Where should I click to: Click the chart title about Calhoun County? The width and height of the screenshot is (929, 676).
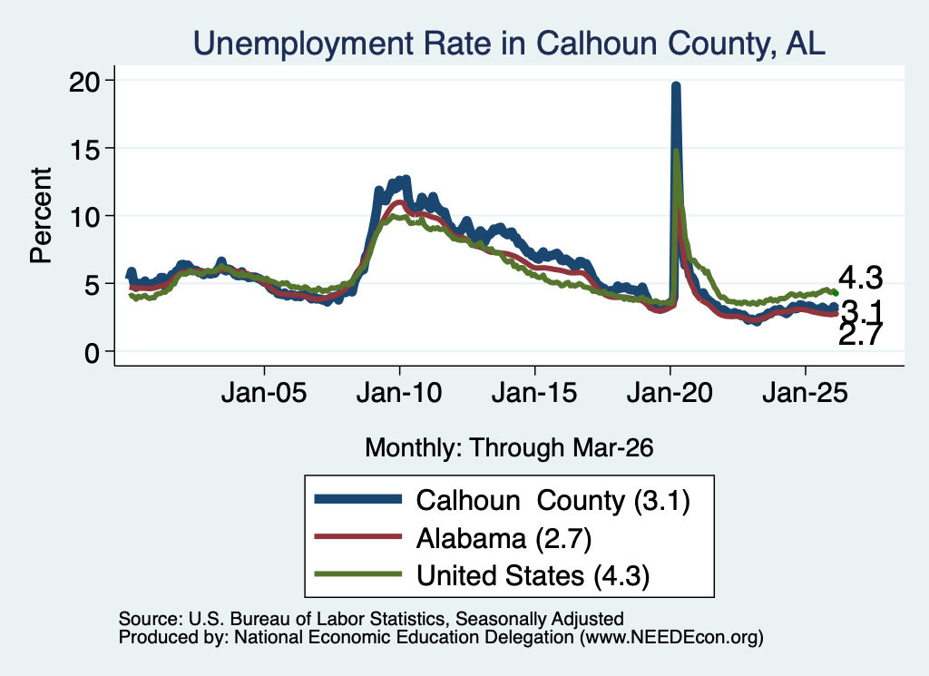click(509, 44)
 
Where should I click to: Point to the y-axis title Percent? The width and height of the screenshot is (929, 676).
click(41, 215)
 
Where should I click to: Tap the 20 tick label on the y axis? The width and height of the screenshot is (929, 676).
click(83, 81)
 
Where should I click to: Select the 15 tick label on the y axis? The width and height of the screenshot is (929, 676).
click(83, 148)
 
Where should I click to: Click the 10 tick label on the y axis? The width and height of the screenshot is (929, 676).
click(83, 216)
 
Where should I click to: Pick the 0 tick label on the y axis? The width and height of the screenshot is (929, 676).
click(92, 353)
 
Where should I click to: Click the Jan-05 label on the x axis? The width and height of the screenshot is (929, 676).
click(264, 393)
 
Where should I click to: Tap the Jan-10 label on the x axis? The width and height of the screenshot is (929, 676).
click(399, 393)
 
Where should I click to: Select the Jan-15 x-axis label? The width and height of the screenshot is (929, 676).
click(534, 393)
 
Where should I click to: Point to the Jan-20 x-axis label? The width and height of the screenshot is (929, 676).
click(670, 393)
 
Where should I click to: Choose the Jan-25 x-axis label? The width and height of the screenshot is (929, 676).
click(806, 393)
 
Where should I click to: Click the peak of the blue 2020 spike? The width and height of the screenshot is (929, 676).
click(675, 84)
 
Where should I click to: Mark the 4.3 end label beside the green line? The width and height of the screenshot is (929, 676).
click(860, 278)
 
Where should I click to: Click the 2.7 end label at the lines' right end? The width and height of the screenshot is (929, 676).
click(860, 336)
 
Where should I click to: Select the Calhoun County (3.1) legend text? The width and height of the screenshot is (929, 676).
click(553, 501)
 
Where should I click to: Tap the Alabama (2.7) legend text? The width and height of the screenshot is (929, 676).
click(504, 539)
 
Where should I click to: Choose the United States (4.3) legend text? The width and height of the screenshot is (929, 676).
click(533, 576)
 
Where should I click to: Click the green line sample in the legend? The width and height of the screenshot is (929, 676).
click(357, 574)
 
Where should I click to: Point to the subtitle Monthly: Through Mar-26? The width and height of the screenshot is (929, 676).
click(509, 448)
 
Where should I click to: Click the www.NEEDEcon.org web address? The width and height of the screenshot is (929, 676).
click(671, 638)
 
